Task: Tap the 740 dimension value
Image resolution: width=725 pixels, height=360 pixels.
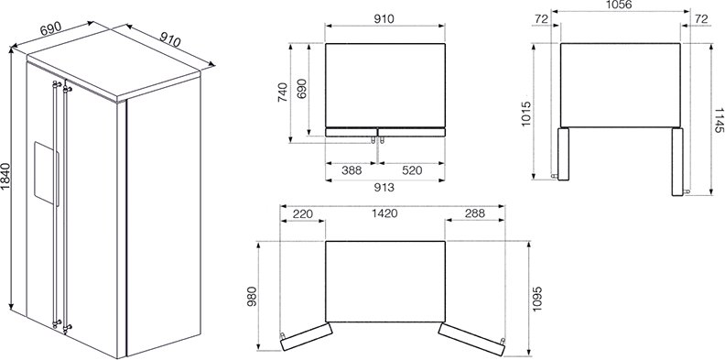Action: (x=283, y=93)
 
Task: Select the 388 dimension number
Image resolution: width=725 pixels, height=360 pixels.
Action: (x=352, y=170)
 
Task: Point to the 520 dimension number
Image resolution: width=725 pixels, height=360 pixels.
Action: (x=412, y=170)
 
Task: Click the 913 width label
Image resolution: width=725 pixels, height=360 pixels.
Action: (x=384, y=188)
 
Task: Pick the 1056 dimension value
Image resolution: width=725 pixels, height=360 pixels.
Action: (x=619, y=5)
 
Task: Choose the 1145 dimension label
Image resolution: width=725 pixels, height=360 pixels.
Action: (x=718, y=120)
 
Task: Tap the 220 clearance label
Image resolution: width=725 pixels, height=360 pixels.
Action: (x=303, y=213)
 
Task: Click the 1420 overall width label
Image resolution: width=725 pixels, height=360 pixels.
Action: (x=384, y=213)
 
